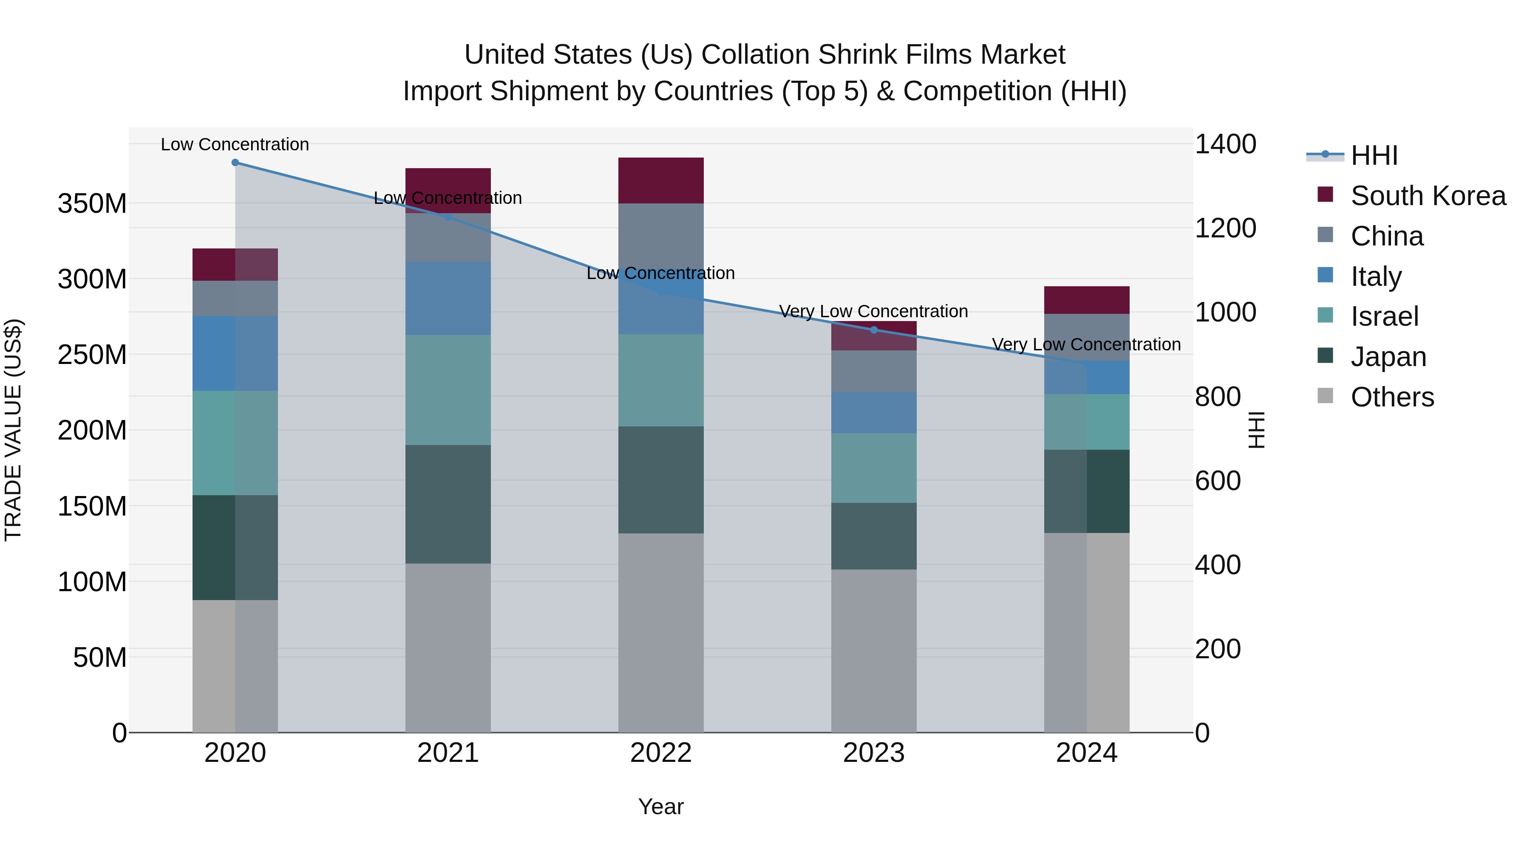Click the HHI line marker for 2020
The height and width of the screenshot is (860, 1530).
coord(235,163)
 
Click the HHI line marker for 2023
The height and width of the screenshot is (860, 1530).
coord(874,330)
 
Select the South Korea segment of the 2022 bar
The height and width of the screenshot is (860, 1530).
coord(660,180)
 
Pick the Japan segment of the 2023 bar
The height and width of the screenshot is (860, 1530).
coord(874,536)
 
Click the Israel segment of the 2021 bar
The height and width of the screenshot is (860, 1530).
coord(448,390)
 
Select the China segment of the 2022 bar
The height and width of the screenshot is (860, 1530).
coord(660,237)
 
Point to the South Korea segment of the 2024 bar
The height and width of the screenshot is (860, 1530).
coord(1086,300)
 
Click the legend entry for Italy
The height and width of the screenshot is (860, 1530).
coord(1376,276)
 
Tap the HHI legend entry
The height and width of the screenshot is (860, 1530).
coord(1373,155)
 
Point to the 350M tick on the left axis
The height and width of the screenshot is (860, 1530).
coord(92,203)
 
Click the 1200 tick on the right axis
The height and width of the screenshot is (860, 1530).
coord(1225,228)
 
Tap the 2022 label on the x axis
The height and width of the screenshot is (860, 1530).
coord(660,753)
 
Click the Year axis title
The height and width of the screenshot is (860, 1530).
coord(660,806)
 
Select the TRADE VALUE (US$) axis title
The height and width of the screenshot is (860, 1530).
coord(13,430)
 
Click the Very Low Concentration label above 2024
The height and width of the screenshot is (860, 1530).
coord(1086,344)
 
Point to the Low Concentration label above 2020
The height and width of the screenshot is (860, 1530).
coord(235,144)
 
